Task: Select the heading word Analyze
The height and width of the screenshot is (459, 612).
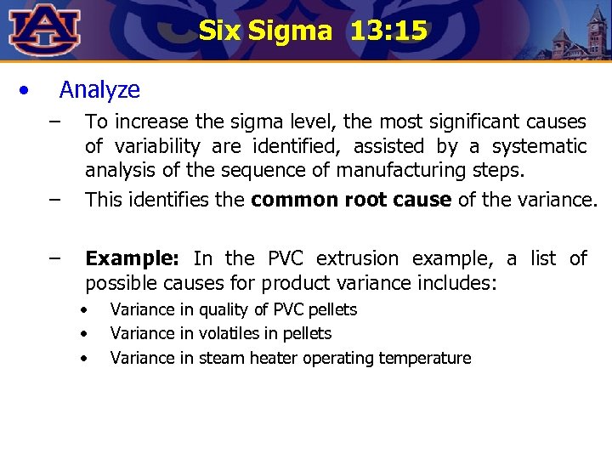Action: tap(99, 89)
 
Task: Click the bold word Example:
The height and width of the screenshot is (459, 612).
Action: tap(133, 258)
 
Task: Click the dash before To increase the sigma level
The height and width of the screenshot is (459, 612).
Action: tap(55, 122)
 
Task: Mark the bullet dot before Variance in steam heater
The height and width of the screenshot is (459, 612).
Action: tap(84, 358)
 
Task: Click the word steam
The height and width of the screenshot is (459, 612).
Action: tap(218, 358)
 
